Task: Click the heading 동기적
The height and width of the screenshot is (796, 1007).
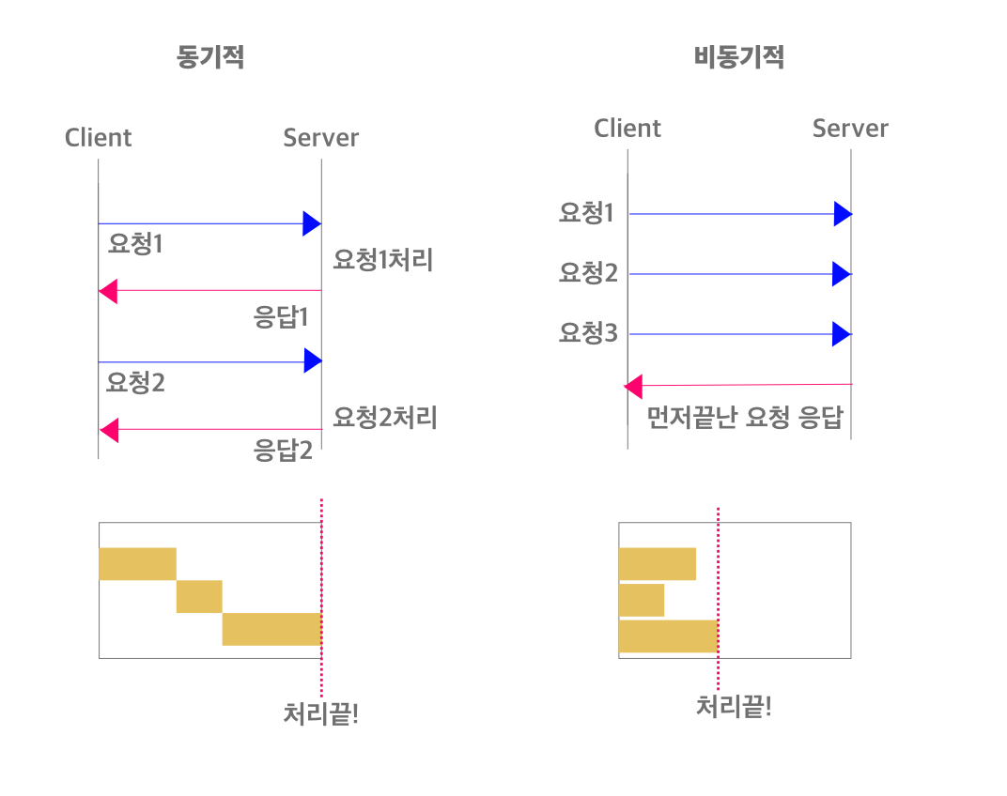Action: (210, 57)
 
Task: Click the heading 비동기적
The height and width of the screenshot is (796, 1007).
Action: (738, 57)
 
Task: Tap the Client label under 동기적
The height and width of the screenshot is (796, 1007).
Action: (98, 138)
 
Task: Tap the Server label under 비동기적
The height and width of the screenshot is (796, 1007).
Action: (850, 129)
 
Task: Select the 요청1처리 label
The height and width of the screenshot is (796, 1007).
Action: (383, 260)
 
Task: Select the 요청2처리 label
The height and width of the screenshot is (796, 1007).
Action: (385, 417)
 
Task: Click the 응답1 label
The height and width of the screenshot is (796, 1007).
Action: (282, 316)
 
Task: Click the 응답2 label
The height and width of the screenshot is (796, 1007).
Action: (283, 451)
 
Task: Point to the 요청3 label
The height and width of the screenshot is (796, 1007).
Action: (587, 332)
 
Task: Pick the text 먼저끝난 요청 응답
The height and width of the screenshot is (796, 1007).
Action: (746, 418)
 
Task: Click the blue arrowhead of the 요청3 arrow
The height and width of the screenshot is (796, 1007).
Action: (842, 334)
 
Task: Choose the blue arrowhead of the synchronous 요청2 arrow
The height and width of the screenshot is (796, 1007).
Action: (312, 361)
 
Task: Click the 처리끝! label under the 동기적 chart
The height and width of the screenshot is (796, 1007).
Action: (321, 714)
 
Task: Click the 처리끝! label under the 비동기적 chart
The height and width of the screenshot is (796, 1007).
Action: (734, 706)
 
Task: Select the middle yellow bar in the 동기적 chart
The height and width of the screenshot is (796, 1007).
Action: (199, 596)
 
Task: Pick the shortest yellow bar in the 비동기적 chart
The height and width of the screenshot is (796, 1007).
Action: (642, 600)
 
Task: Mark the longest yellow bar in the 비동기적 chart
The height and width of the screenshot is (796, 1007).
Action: (668, 635)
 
